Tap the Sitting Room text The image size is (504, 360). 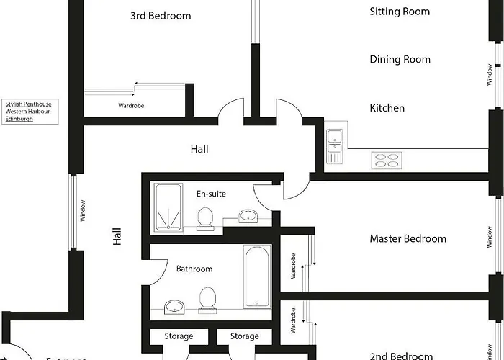click(x=400, y=12)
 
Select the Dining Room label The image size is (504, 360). click(x=400, y=60)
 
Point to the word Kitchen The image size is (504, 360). click(x=387, y=108)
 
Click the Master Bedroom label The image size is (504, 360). click(x=408, y=238)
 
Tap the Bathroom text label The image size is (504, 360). click(x=194, y=269)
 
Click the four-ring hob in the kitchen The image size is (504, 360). click(x=387, y=159)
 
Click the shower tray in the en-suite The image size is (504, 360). click(x=169, y=207)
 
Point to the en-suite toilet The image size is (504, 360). click(x=205, y=218)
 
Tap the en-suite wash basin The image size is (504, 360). click(x=248, y=216)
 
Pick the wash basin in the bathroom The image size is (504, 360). click(x=174, y=307)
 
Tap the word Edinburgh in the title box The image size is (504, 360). click(x=19, y=119)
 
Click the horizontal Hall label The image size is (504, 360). click(x=199, y=149)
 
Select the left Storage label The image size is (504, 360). click(x=179, y=336)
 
